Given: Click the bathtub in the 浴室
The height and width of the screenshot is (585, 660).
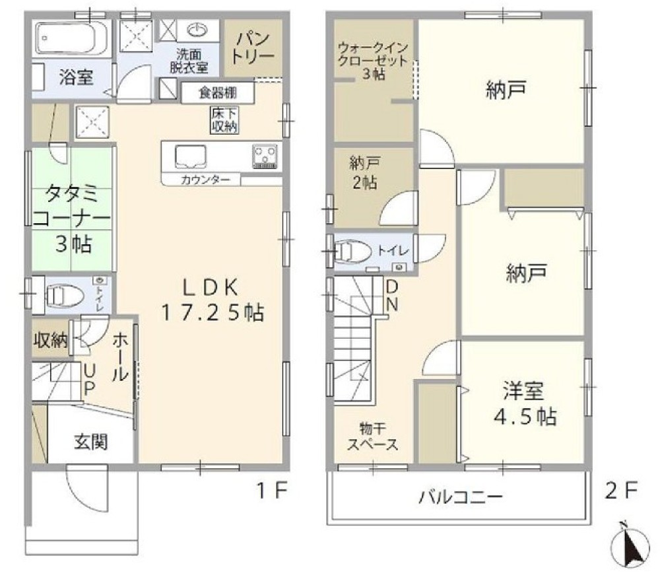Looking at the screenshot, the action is (x=73, y=38).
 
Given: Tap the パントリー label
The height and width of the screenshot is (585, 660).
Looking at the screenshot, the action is (x=253, y=48).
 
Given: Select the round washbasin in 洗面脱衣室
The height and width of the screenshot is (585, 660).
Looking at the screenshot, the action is (x=197, y=30).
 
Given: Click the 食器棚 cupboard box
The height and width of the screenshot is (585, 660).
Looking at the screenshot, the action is (x=218, y=92).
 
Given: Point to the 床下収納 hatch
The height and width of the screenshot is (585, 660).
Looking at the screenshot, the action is (x=224, y=120).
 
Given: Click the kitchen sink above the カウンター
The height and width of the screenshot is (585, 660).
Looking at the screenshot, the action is (x=191, y=156).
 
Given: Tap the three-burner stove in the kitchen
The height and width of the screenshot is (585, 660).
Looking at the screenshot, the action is (x=265, y=156).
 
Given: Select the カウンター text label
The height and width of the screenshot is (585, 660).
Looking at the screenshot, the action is (x=205, y=180).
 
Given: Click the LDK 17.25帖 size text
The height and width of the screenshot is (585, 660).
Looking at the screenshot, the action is (x=213, y=300).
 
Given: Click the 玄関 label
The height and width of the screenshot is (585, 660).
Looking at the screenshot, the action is (x=91, y=442).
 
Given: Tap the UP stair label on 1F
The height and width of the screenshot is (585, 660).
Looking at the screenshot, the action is (x=90, y=380).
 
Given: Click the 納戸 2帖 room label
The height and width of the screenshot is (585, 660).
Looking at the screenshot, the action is (x=364, y=173).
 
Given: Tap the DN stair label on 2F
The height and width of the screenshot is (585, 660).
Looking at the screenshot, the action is (x=392, y=296).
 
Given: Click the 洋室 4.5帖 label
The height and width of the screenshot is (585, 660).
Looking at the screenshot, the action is (x=525, y=403).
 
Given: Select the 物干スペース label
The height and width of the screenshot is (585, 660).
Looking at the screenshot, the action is (x=372, y=436).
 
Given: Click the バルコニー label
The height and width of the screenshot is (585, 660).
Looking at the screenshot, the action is (x=461, y=497).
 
